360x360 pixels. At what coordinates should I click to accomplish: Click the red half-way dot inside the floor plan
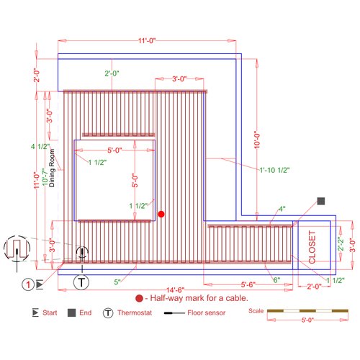pyautogui.click(x=161, y=214)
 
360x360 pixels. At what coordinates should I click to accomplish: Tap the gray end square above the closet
pyautogui.click(x=321, y=201)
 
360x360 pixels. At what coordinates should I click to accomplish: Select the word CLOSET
pyautogui.click(x=312, y=247)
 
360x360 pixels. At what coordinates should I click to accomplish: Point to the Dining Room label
pyautogui.click(x=52, y=168)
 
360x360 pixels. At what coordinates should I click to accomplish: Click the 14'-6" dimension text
pyautogui.click(x=176, y=290)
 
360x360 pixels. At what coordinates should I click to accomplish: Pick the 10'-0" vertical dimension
pyautogui.click(x=257, y=140)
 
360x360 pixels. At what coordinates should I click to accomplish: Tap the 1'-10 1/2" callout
pyautogui.click(x=275, y=170)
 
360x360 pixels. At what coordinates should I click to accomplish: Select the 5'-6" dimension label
pyautogui.click(x=248, y=284)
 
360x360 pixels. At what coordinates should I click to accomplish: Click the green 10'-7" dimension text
pyautogui.click(x=45, y=177)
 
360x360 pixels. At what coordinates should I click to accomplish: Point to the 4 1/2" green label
pyautogui.click(x=40, y=146)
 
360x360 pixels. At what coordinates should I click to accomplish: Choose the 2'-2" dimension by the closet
pyautogui.click(x=341, y=244)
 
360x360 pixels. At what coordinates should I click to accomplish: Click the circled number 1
pyautogui.click(x=28, y=284)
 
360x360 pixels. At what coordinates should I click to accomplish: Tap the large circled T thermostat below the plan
pyautogui.click(x=81, y=282)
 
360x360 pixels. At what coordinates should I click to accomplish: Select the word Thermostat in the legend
pyautogui.click(x=135, y=312)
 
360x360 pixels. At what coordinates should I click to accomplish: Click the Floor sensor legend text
pyautogui.click(x=207, y=312)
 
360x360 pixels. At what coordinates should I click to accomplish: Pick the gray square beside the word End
pyautogui.click(x=72, y=312)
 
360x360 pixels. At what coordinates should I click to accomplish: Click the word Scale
pyautogui.click(x=256, y=311)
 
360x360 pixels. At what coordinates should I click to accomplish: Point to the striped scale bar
pyautogui.click(x=307, y=311)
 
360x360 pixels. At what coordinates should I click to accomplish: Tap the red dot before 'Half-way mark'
pyautogui.click(x=139, y=298)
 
